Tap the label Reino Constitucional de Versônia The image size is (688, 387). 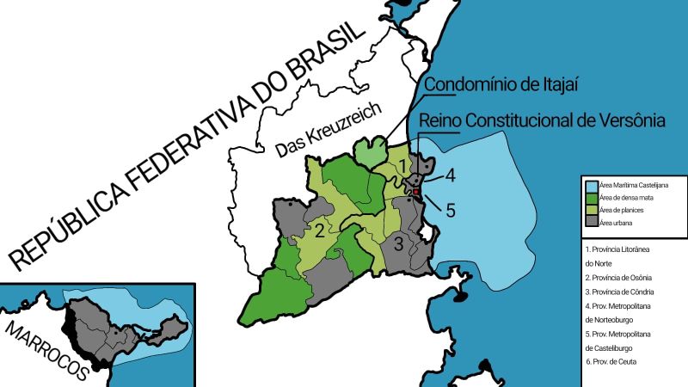coord(542,122)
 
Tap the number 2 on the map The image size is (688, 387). coord(319,230)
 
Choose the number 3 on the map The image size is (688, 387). coord(398,243)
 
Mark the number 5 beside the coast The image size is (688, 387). coord(450,210)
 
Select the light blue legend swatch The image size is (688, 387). coord(593,185)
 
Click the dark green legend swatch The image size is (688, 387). coord(593,198)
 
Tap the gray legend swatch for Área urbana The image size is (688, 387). coord(593,223)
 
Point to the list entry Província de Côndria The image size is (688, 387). coord(618,292)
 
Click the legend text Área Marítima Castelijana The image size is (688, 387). coord(634,185)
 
